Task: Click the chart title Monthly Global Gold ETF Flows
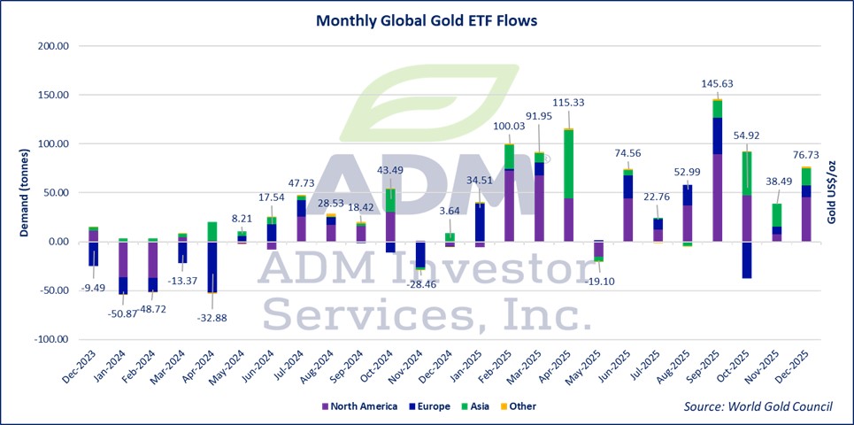pyautogui.click(x=427, y=19)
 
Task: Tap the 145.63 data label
pyautogui.click(x=716, y=84)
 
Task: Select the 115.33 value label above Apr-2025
pyautogui.click(x=566, y=104)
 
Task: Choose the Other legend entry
pyautogui.click(x=523, y=406)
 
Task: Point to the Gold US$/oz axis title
pyautogui.click(x=832, y=190)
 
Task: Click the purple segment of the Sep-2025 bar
pyautogui.click(x=718, y=197)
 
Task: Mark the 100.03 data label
pyautogui.click(x=511, y=127)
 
